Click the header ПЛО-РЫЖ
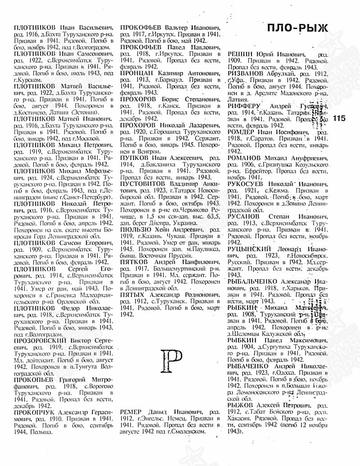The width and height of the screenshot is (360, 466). [296, 30]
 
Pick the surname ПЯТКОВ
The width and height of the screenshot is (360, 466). [136, 261]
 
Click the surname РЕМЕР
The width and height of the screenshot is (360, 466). [133, 412]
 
